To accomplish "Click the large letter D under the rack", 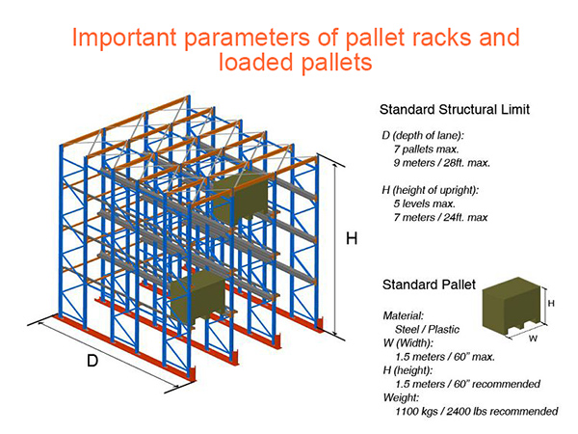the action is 92,360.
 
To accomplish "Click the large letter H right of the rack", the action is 352,238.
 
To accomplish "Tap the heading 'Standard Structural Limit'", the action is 454,110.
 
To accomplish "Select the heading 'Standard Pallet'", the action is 429,285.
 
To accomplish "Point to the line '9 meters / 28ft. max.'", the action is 441,163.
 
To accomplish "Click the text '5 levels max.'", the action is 424,203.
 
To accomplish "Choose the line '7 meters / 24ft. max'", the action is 440,217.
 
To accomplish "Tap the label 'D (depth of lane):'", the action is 423,135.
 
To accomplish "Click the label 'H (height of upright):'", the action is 431,190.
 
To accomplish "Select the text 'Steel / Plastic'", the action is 427,329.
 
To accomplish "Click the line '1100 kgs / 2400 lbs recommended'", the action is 477,411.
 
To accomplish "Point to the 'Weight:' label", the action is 401,397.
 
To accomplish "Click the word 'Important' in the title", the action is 124,38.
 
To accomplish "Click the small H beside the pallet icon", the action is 551,304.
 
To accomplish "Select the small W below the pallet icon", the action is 533,339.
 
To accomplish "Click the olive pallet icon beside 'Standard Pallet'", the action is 513,306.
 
